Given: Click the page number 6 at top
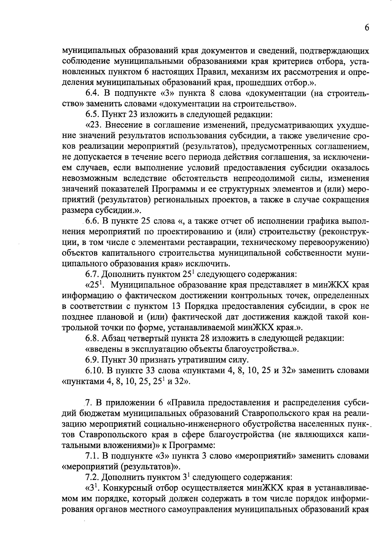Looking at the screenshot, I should tap(367, 28).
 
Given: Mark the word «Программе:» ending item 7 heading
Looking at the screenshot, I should tap(196, 445).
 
